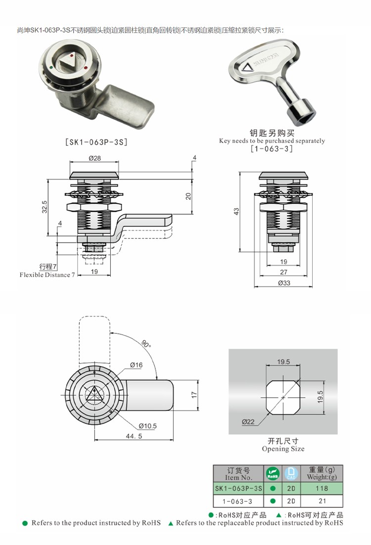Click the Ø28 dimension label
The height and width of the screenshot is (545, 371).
click(x=94, y=158)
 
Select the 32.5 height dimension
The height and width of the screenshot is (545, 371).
click(x=45, y=207)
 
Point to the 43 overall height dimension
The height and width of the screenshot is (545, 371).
click(x=236, y=211)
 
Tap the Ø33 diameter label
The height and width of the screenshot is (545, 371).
click(x=284, y=283)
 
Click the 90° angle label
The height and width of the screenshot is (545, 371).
click(x=146, y=344)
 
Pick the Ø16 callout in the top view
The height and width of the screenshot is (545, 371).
click(x=137, y=365)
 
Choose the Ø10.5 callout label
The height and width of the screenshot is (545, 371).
click(x=147, y=426)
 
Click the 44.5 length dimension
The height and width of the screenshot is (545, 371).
click(x=134, y=436)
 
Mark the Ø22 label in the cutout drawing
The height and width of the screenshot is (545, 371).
click(x=248, y=422)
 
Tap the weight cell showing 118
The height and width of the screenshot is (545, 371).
click(x=322, y=488)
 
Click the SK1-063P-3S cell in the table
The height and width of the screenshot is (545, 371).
click(x=238, y=488)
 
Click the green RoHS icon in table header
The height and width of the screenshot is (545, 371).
click(x=273, y=473)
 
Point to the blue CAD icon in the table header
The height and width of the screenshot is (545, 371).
click(x=291, y=473)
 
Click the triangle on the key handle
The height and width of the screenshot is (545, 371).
click(x=247, y=67)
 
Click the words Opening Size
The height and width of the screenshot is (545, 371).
click(x=283, y=449)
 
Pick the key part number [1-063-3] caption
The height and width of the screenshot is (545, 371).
click(x=272, y=149)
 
